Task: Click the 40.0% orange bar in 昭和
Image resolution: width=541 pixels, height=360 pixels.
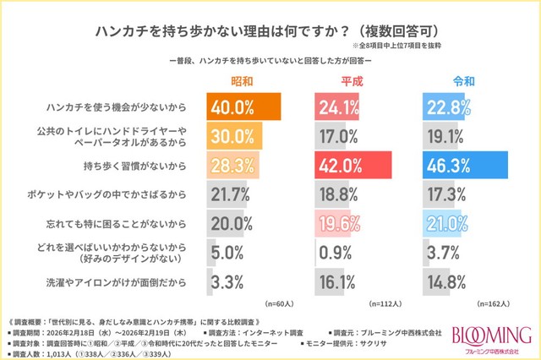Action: tap(243, 108)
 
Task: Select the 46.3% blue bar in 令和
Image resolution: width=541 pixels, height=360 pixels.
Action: tap(476, 163)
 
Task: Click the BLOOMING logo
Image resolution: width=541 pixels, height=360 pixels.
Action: tap(491, 335)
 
